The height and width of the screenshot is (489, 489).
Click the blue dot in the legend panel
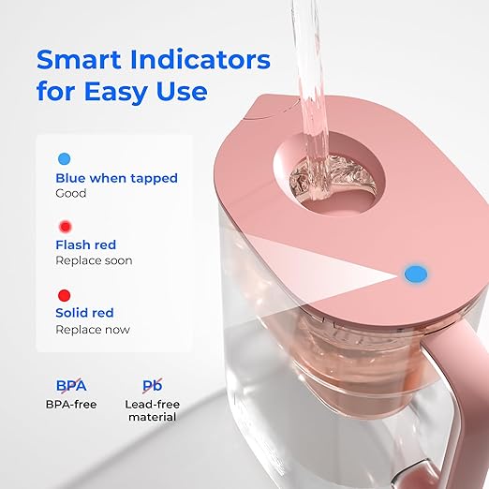click(64, 158)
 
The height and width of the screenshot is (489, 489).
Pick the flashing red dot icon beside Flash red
click(64, 227)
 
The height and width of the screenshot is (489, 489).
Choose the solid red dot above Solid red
click(64, 295)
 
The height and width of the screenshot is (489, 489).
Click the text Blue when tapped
click(116, 178)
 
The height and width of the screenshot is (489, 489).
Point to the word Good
click(71, 193)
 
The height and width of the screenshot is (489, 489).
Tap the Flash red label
click(86, 245)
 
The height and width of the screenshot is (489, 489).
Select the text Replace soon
click(94, 260)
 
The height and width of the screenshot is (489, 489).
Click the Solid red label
click(86, 314)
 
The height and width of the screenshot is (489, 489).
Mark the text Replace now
click(93, 329)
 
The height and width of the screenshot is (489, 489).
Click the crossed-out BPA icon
click(71, 385)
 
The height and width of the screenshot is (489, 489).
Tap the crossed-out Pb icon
click(151, 385)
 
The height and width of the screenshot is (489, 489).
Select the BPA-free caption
click(71, 405)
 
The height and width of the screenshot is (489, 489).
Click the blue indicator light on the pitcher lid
click(413, 274)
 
